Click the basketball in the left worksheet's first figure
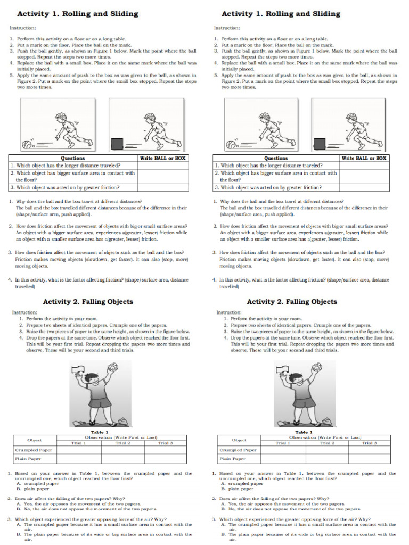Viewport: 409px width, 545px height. click(x=27, y=144)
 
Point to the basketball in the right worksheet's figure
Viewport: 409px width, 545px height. click(x=231, y=144)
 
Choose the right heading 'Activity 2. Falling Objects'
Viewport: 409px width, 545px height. click(x=292, y=302)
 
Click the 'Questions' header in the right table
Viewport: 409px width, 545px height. click(x=276, y=158)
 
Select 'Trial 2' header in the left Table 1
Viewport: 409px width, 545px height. click(x=123, y=443)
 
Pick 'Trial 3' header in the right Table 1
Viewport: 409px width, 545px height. click(x=370, y=443)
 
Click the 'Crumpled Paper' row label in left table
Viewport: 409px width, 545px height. click(x=33, y=450)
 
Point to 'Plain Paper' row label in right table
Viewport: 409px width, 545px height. click(x=233, y=458)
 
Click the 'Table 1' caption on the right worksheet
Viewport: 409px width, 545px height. click(x=304, y=432)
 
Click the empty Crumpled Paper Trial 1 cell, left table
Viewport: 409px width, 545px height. click(x=79, y=450)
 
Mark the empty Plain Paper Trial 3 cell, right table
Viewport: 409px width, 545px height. click(x=370, y=458)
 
